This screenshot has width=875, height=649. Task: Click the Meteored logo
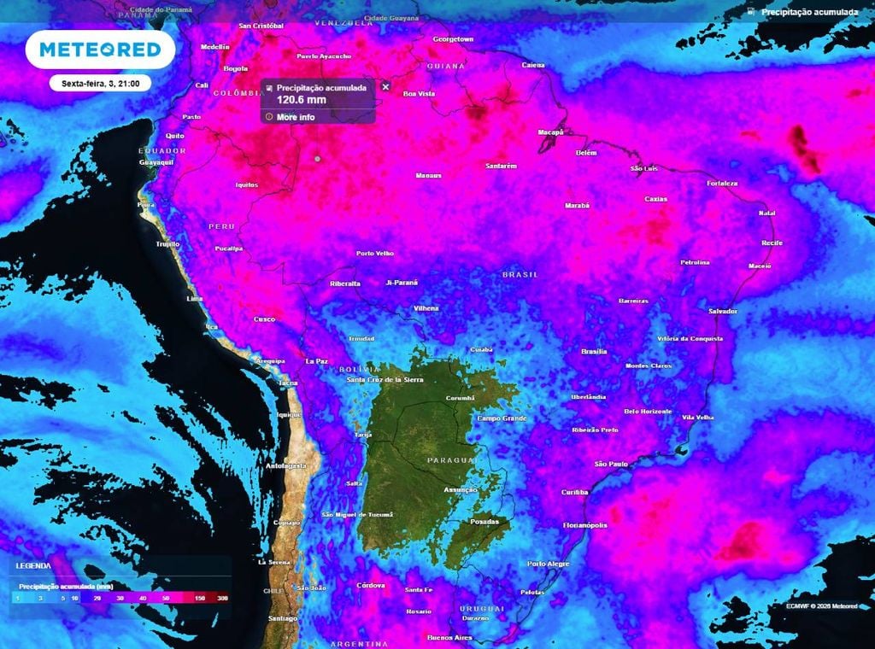100,50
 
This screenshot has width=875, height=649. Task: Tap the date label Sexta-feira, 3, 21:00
101,84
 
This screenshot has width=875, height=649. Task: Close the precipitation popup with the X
385,87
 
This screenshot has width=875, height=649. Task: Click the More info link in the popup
295,116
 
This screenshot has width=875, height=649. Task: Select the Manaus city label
428,175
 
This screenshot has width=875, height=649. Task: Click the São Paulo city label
611,464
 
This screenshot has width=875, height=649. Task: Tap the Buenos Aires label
449,637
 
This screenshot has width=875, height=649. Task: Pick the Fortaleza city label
722,184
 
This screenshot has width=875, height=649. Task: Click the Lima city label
195,299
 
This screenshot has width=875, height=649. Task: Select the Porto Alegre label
548,564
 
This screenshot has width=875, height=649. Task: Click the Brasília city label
594,351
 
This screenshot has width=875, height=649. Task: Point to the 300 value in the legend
222,599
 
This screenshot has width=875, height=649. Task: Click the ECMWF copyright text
821,605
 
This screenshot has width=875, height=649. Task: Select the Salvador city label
722,311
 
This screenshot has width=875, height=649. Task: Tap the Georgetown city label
453,39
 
